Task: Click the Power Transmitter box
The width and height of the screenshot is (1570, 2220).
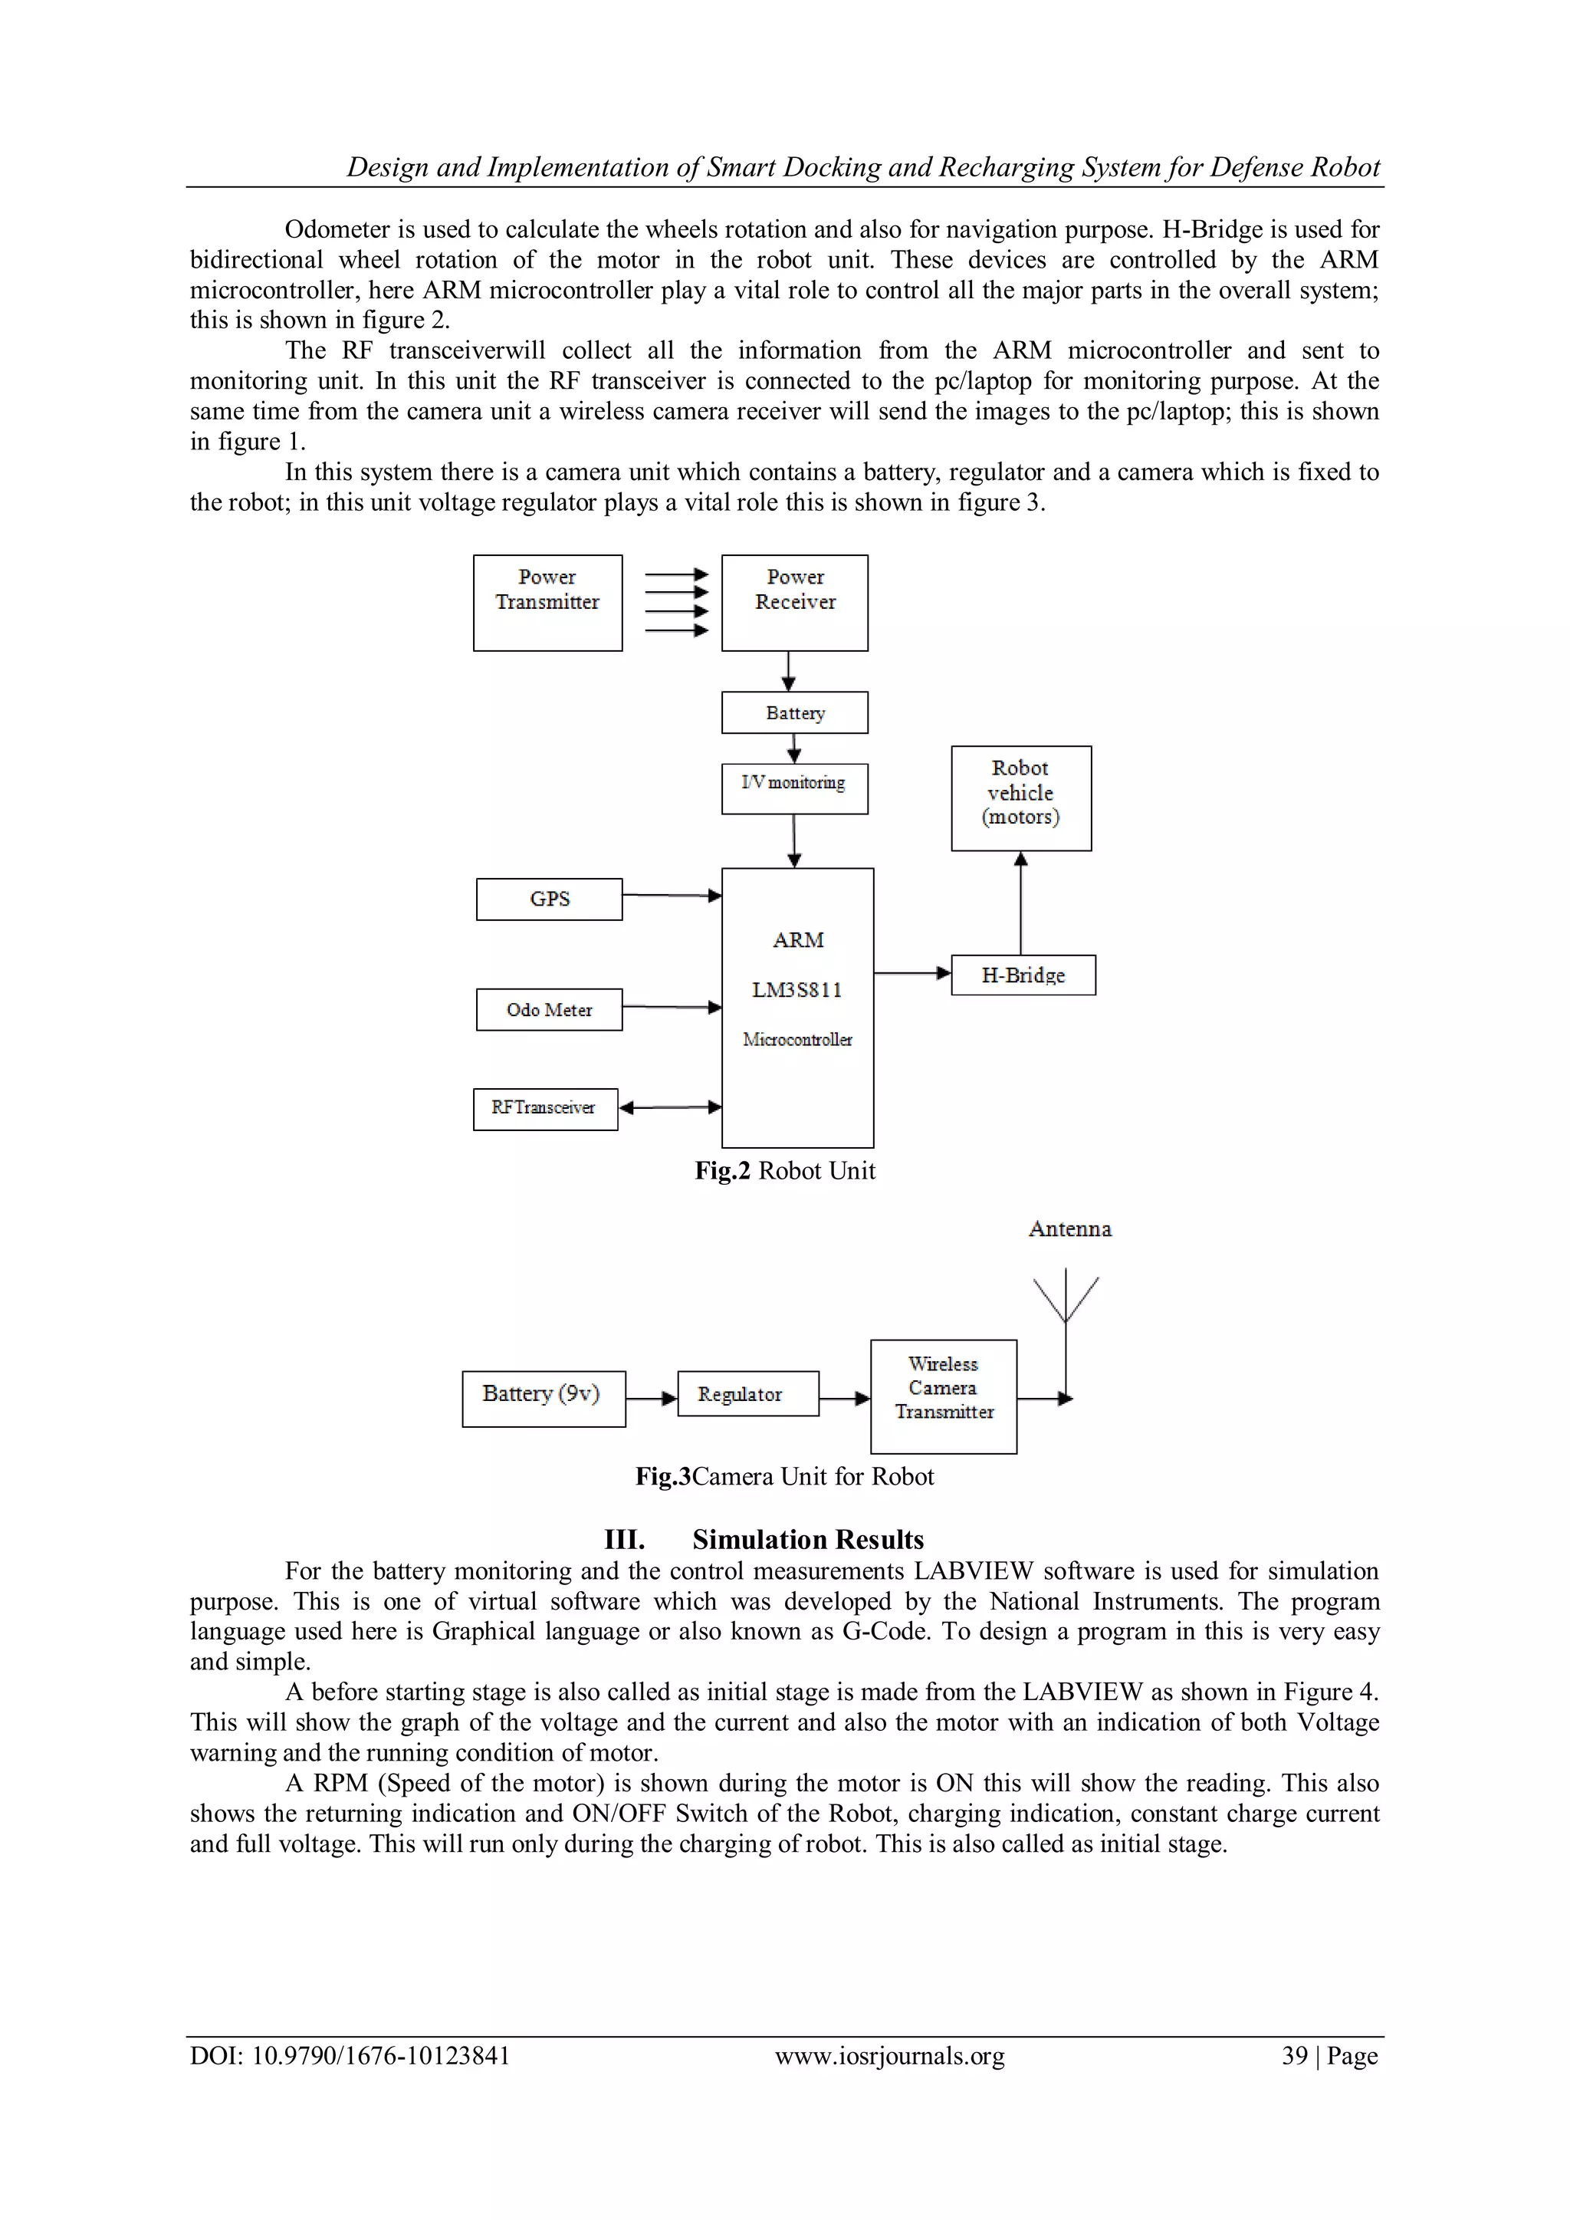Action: click(x=547, y=603)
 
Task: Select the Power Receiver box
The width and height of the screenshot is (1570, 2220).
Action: click(x=795, y=603)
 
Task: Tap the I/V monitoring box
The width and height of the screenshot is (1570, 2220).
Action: click(x=795, y=789)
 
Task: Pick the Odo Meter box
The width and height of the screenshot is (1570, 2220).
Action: click(x=549, y=1009)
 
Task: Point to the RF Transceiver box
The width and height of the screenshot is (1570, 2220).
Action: click(x=545, y=1109)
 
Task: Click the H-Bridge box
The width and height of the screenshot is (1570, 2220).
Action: click(x=1023, y=975)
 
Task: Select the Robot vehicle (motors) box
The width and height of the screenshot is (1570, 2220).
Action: click(x=1021, y=798)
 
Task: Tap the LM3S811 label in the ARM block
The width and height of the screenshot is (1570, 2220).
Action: click(x=797, y=990)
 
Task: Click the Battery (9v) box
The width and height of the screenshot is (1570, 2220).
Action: click(x=544, y=1398)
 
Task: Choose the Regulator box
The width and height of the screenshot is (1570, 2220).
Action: click(x=748, y=1393)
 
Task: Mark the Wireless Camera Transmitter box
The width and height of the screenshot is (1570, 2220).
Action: click(x=944, y=1396)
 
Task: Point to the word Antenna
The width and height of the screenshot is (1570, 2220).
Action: click(x=1069, y=1229)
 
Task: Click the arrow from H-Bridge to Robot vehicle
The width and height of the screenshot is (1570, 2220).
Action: click(x=1021, y=903)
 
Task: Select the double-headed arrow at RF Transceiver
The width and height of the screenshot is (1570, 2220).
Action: click(x=670, y=1107)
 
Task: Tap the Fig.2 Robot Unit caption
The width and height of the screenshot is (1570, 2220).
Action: click(x=785, y=1171)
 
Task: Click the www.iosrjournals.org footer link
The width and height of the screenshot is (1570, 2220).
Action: click(x=889, y=2056)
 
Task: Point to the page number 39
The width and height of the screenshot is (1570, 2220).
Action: click(x=1293, y=2056)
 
